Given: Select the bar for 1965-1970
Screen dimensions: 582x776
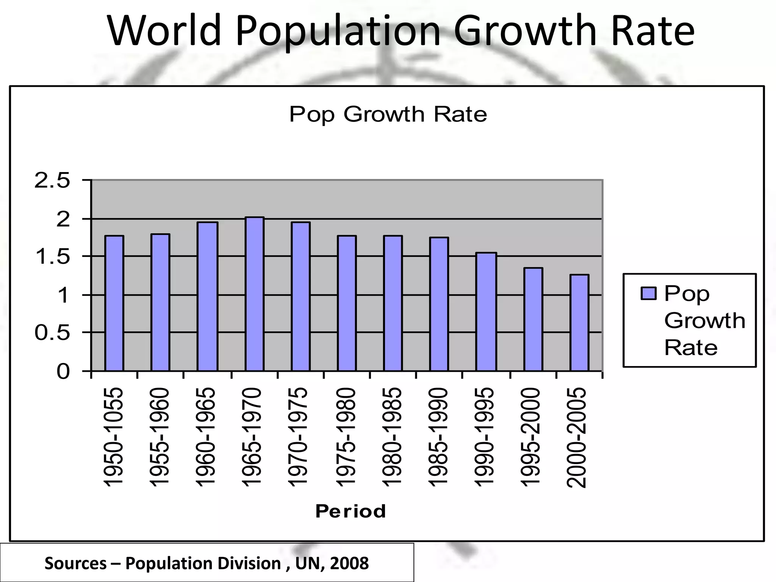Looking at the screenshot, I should click(254, 294).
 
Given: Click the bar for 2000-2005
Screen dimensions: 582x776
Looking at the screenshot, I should click(579, 323).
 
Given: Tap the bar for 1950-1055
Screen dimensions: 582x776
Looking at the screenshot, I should click(114, 303).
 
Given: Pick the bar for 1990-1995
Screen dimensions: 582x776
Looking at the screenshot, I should click(486, 311).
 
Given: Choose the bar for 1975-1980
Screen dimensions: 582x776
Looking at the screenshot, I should click(347, 303).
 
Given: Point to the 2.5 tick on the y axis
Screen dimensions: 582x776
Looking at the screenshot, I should click(52, 181).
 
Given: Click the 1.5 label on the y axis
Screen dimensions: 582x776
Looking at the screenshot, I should click(52, 257).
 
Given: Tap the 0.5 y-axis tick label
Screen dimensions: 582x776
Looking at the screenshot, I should click(52, 333).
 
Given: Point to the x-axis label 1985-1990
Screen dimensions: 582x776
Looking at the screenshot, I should click(438, 437).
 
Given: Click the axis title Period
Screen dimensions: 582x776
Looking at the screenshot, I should click(350, 511).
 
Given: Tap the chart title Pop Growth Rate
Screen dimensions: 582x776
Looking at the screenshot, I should click(388, 114).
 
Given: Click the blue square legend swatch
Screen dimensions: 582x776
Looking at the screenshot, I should click(648, 293).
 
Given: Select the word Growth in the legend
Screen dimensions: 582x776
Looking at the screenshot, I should click(704, 321).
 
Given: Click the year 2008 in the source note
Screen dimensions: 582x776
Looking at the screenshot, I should click(349, 563).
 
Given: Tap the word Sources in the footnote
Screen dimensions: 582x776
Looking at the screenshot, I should click(75, 563).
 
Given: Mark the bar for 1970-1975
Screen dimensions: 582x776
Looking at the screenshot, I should click(300, 296).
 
